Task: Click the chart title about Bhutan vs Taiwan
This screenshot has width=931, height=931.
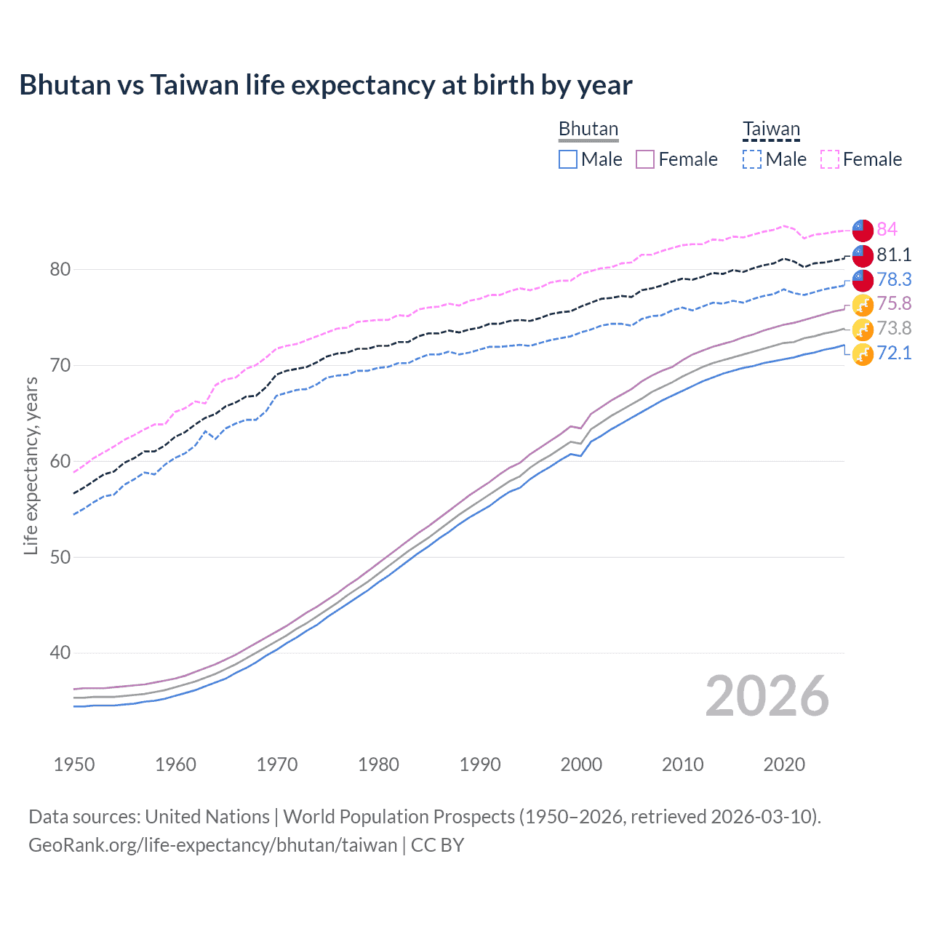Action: pyautogui.click(x=326, y=85)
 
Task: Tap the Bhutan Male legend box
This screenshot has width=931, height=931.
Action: pyautogui.click(x=568, y=159)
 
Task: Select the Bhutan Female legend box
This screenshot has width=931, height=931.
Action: pyautogui.click(x=645, y=159)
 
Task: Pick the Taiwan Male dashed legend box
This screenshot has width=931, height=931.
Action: pyautogui.click(x=752, y=159)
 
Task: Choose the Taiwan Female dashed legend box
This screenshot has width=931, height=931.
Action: pyautogui.click(x=830, y=159)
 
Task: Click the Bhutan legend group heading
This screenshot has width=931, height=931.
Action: pyautogui.click(x=588, y=129)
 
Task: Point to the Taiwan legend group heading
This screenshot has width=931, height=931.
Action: pyautogui.click(x=771, y=129)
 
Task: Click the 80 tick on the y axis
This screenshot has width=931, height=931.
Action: pyautogui.click(x=60, y=269)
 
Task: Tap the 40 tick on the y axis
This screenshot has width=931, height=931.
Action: pyautogui.click(x=60, y=652)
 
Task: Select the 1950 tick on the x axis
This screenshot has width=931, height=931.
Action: pyautogui.click(x=74, y=764)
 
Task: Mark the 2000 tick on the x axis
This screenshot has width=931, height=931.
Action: pyautogui.click(x=581, y=764)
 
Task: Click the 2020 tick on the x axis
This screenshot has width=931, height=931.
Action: pyautogui.click(x=784, y=764)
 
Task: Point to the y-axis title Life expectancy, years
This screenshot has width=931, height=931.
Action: pyautogui.click(x=31, y=465)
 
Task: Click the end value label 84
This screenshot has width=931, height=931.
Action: pyautogui.click(x=887, y=229)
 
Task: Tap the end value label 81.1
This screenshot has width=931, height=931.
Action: pyautogui.click(x=894, y=255)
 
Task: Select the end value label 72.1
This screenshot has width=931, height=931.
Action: pyautogui.click(x=894, y=353)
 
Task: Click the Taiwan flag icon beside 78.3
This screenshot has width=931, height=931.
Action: pyautogui.click(x=863, y=279)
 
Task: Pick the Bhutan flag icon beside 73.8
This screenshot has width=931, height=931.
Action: pyautogui.click(x=863, y=329)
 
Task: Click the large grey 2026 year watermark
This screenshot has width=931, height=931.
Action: pyautogui.click(x=767, y=696)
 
